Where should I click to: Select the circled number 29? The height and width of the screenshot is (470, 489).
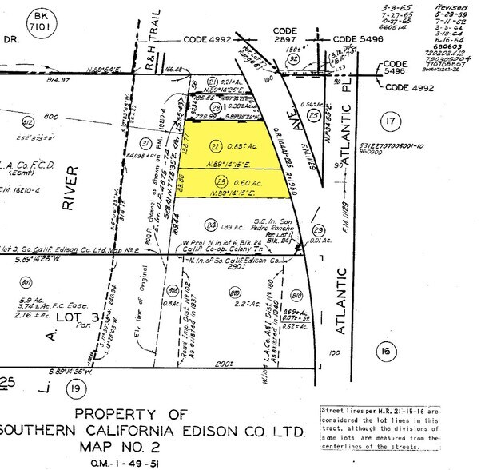[x=318, y=229]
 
